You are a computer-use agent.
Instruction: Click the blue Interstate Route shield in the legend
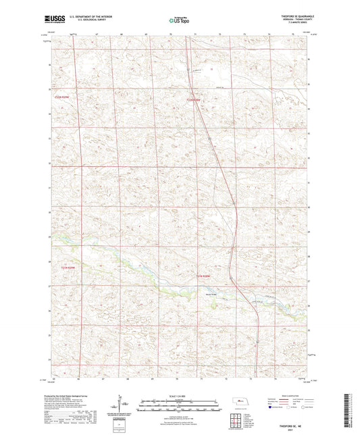[272, 408]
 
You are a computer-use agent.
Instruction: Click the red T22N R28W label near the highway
[194, 101]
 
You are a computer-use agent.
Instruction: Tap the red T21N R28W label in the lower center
[204, 277]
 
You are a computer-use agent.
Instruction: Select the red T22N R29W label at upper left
[63, 99]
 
